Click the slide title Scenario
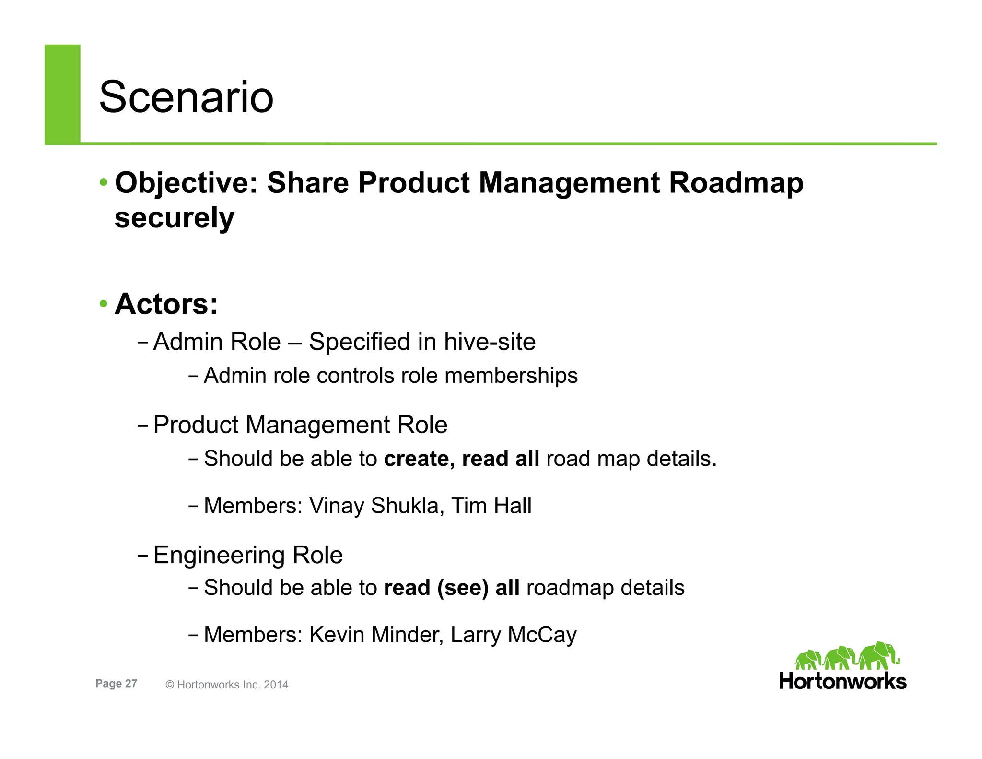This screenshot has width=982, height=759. (x=186, y=97)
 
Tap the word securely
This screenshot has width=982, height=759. (x=174, y=218)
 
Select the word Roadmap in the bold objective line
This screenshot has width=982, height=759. (x=736, y=183)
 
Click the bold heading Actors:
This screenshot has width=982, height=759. (x=166, y=304)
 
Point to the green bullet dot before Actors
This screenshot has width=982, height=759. (x=104, y=304)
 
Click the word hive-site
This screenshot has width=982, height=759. (x=490, y=342)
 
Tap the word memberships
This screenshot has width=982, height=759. (x=511, y=376)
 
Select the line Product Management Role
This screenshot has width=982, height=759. (x=300, y=425)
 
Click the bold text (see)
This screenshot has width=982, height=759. (x=463, y=588)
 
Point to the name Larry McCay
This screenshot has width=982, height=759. (x=514, y=635)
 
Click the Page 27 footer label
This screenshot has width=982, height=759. (x=116, y=684)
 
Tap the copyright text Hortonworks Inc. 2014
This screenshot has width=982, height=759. (x=232, y=685)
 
